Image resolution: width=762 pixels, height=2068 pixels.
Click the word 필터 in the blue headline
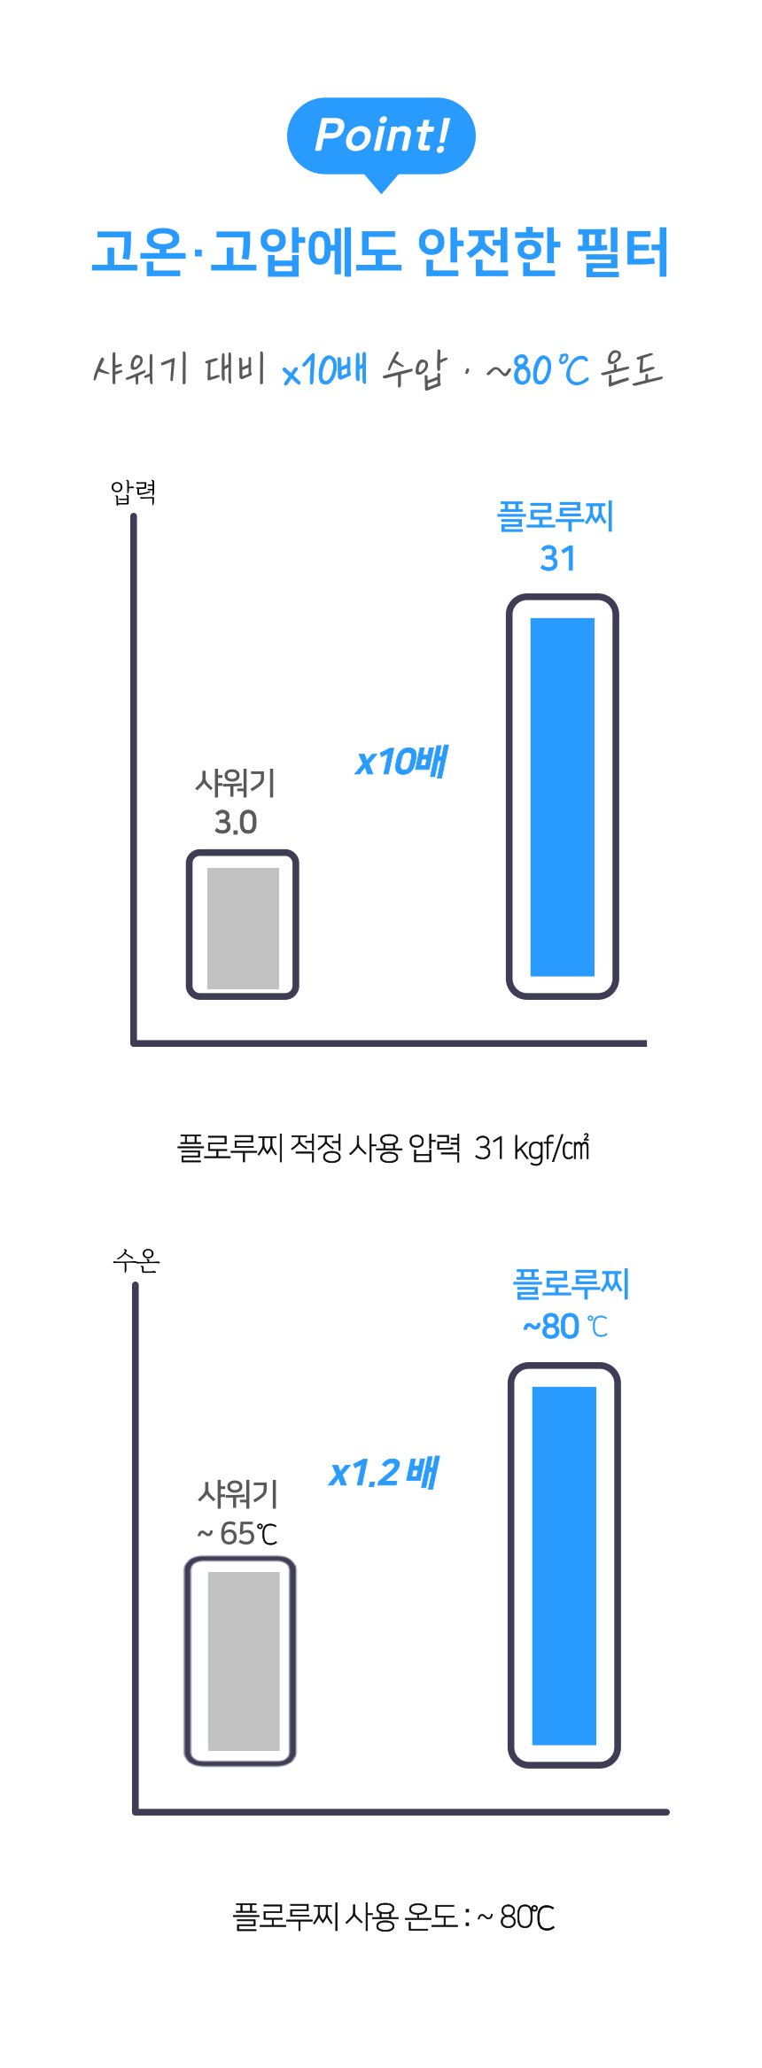pos(622,252)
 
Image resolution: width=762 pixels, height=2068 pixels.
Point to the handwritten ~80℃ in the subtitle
pos(538,369)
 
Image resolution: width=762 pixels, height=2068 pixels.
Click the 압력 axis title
pos(134,492)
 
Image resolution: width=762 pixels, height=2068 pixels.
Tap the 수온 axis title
pos(136,1259)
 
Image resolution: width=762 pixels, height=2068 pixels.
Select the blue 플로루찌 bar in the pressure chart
pos(563,796)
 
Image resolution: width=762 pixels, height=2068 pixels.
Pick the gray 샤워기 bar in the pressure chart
pos(243,925)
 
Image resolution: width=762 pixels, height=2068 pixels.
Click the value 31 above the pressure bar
pos(558,559)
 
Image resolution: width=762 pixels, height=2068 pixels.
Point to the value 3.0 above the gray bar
pos(236,823)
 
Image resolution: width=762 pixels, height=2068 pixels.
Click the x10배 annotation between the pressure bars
pos(401,762)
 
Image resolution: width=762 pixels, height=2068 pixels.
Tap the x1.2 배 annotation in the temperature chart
pos(384,1473)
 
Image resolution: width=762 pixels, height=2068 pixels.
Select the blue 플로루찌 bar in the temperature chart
pos(564,1565)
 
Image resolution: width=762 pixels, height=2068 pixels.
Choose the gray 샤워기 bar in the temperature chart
pos(240,1661)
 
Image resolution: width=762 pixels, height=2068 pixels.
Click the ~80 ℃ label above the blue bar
pos(565,1326)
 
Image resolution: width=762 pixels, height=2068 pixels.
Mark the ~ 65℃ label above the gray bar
pos(237,1533)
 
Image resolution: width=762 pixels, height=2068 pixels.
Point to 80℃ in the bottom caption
pos(527,1917)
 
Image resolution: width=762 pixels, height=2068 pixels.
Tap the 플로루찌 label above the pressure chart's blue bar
pos(556,515)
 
